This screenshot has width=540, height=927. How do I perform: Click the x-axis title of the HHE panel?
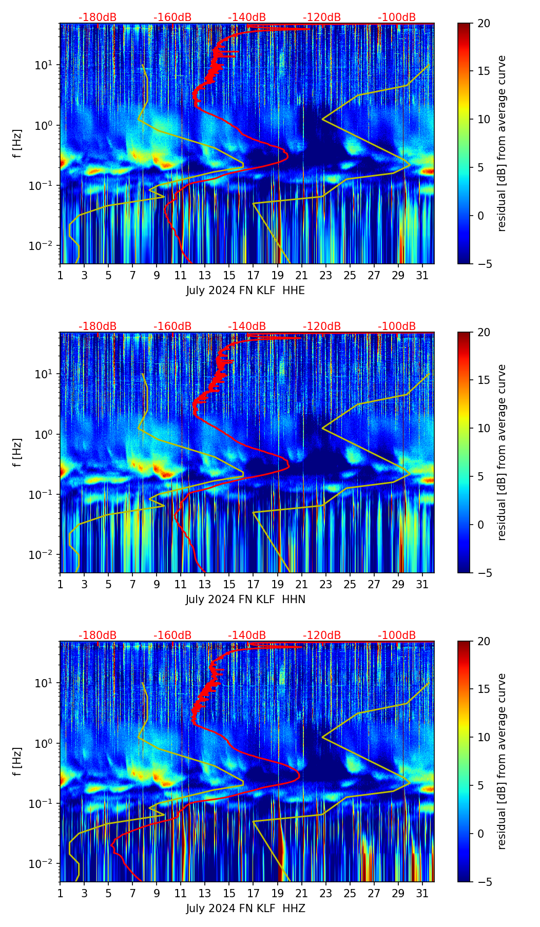[x=245, y=291]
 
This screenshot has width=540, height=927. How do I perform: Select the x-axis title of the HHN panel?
[x=245, y=600]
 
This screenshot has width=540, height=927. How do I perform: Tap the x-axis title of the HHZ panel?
[x=245, y=909]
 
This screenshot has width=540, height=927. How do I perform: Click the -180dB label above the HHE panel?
[x=98, y=17]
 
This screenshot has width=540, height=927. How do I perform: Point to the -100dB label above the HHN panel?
[x=397, y=326]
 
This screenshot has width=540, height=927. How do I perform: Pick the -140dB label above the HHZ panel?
[x=247, y=635]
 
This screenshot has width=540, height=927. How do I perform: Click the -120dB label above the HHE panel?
[x=322, y=17]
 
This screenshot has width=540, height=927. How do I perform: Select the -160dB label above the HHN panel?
[x=172, y=326]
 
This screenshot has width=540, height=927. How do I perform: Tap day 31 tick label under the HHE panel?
[x=422, y=275]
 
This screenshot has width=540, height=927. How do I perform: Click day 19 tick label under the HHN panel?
[x=277, y=584]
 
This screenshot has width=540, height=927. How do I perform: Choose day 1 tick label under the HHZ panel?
[x=60, y=893]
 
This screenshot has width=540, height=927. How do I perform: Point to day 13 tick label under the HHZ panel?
[x=205, y=893]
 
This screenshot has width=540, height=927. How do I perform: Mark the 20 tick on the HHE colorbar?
[x=484, y=24]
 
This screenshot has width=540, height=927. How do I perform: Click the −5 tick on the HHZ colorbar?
[x=484, y=882]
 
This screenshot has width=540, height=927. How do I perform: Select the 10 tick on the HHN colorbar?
[x=484, y=428]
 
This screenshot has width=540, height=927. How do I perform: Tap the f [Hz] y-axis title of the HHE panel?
[x=17, y=144]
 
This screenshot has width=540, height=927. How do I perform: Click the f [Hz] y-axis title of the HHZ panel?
[x=17, y=762]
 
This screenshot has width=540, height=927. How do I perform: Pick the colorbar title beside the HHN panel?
[x=502, y=452]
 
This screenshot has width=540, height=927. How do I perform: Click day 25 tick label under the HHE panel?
[x=350, y=275]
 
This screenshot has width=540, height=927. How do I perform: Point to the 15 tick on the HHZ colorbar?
[x=484, y=689]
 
